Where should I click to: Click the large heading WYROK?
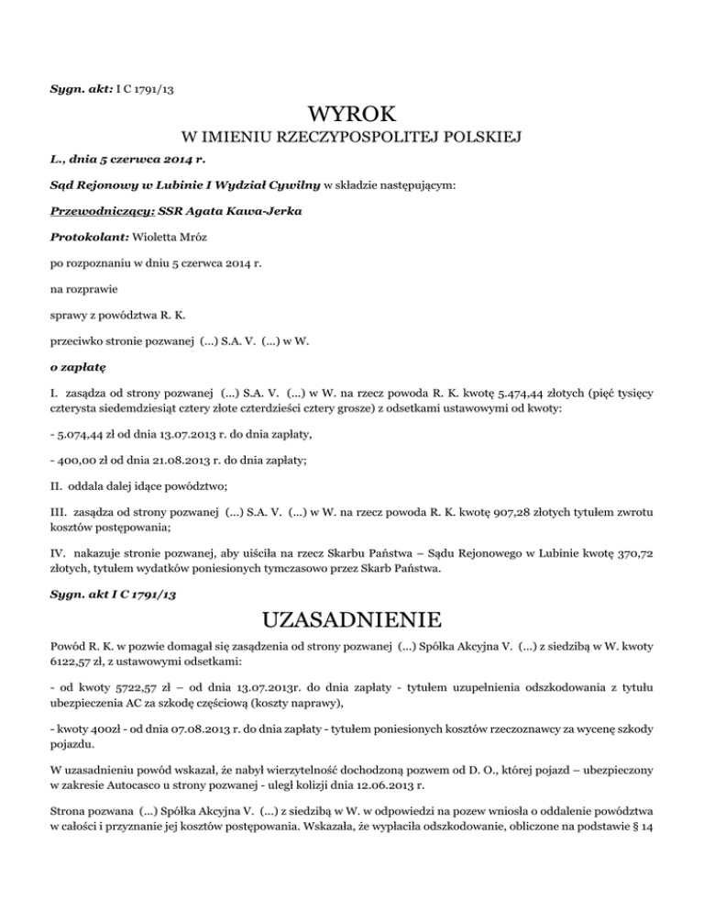coord(352,115)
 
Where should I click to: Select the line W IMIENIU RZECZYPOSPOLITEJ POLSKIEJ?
coord(352,139)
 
